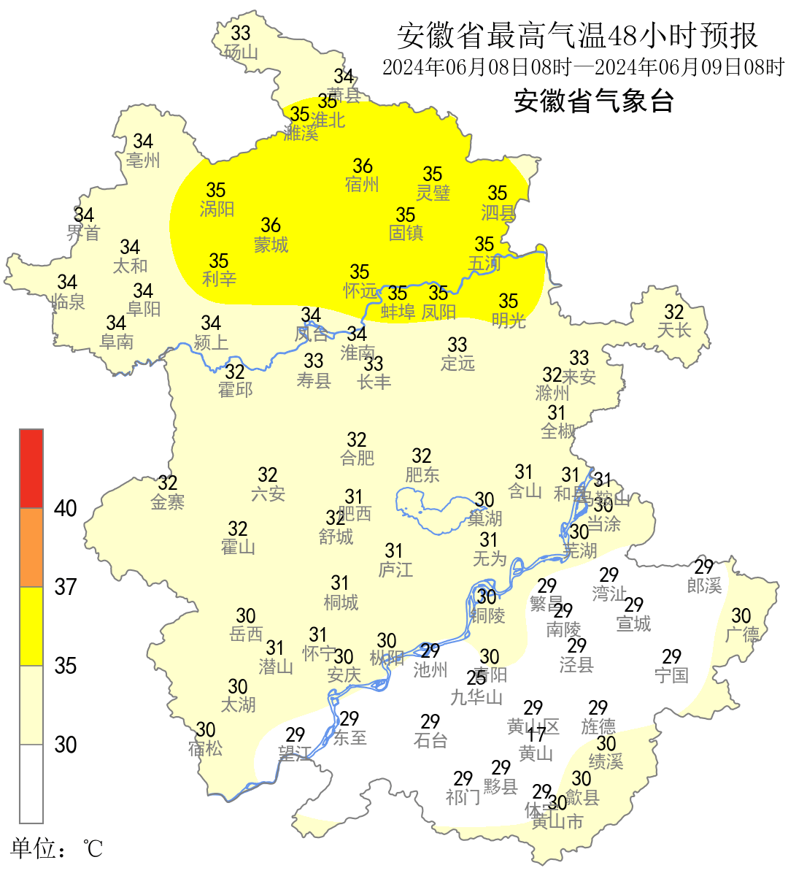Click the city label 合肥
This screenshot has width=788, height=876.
coord(358,458)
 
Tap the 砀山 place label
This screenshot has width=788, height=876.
coord(241,53)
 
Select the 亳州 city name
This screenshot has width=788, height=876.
coord(143,161)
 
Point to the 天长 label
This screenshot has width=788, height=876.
coord(673,331)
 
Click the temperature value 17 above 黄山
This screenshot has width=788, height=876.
coord(536,736)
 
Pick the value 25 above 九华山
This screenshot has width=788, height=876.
coord(476,678)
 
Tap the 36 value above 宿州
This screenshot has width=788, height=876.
coord(363,166)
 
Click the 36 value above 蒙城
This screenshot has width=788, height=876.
coord(271,225)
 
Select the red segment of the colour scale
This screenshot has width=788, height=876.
coord(31,468)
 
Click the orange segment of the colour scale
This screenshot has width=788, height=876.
coord(31,547)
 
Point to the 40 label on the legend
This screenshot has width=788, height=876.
coord(66,508)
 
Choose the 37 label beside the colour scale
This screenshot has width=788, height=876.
coord(66,587)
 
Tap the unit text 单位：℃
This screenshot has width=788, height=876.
coord(56,848)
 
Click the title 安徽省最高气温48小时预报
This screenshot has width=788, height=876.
coord(577,35)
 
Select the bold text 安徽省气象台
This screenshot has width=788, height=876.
coord(593,101)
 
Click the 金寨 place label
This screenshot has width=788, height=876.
coord(168,502)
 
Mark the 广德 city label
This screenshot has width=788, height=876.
coord(741,635)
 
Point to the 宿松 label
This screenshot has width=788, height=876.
coord(205,749)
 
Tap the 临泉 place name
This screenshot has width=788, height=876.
coord(69,301)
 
